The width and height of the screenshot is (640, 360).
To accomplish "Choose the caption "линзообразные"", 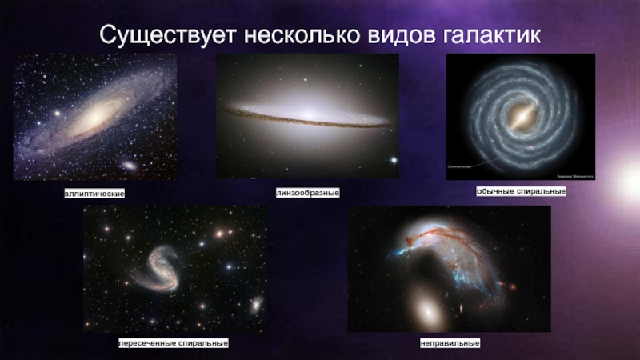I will click(x=308, y=193).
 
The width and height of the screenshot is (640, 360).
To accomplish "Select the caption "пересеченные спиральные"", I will click(x=174, y=342).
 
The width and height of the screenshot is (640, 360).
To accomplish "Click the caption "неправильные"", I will click(x=450, y=342).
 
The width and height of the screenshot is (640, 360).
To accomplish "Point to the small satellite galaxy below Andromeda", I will click(x=128, y=166).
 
